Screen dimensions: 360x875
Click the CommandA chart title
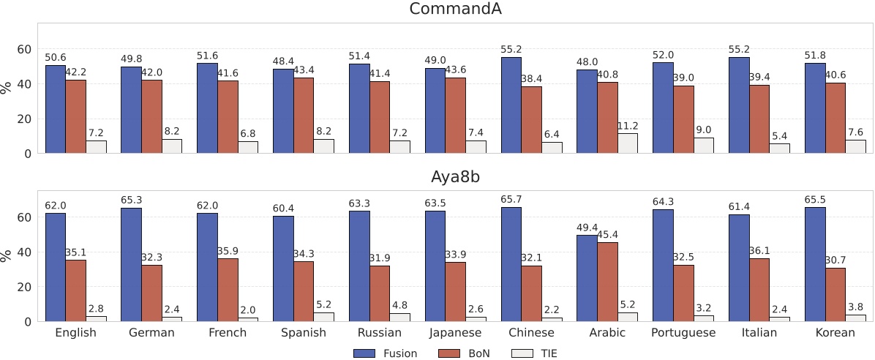(455, 10)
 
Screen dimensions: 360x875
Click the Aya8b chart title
(455, 177)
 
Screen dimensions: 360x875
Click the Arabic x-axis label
(607, 333)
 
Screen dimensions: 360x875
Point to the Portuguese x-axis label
(683, 333)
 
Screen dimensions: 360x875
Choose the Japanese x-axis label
(455, 333)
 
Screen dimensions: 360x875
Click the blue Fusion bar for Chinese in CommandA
(511, 105)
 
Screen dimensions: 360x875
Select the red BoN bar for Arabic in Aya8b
(607, 282)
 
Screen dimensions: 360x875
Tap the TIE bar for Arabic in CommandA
(628, 143)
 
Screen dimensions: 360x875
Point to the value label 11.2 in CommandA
(628, 125)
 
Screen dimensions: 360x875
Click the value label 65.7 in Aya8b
(511, 199)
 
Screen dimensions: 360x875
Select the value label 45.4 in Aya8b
(607, 234)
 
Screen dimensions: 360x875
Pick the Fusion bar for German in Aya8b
(131, 264)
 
